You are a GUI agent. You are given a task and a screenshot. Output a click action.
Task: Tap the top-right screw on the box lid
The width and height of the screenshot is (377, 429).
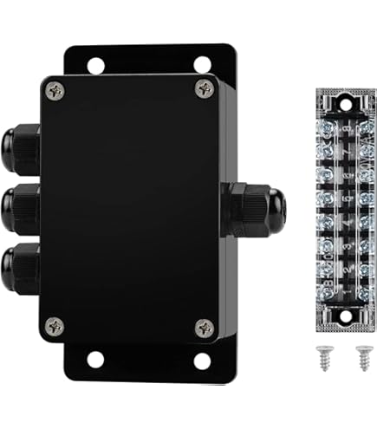204,88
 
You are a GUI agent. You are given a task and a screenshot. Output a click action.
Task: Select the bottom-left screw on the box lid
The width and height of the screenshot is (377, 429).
56,326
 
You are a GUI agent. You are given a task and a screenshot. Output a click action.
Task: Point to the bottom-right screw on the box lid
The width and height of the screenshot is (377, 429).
204,327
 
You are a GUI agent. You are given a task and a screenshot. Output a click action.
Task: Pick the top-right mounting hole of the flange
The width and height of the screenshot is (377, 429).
201,63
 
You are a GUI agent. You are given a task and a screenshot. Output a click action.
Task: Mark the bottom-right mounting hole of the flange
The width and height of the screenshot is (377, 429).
201,359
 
